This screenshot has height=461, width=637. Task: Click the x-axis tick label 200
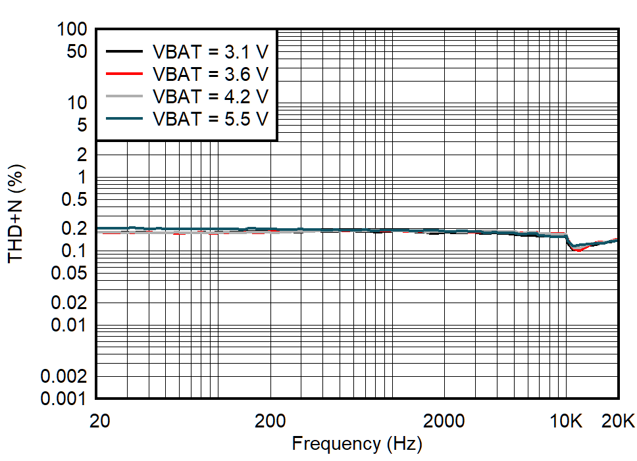pyautogui.click(x=269, y=420)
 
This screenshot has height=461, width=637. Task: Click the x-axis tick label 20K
pyautogui.click(x=617, y=420)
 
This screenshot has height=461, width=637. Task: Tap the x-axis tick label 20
pyautogui.click(x=98, y=420)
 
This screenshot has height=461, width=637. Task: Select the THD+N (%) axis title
pyautogui.click(x=16, y=213)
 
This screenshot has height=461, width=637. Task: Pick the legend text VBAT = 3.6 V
pyautogui.click(x=210, y=73)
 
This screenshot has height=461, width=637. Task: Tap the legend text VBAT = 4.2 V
pyautogui.click(x=210, y=96)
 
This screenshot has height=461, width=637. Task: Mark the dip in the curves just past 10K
pyautogui.click(x=576, y=249)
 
